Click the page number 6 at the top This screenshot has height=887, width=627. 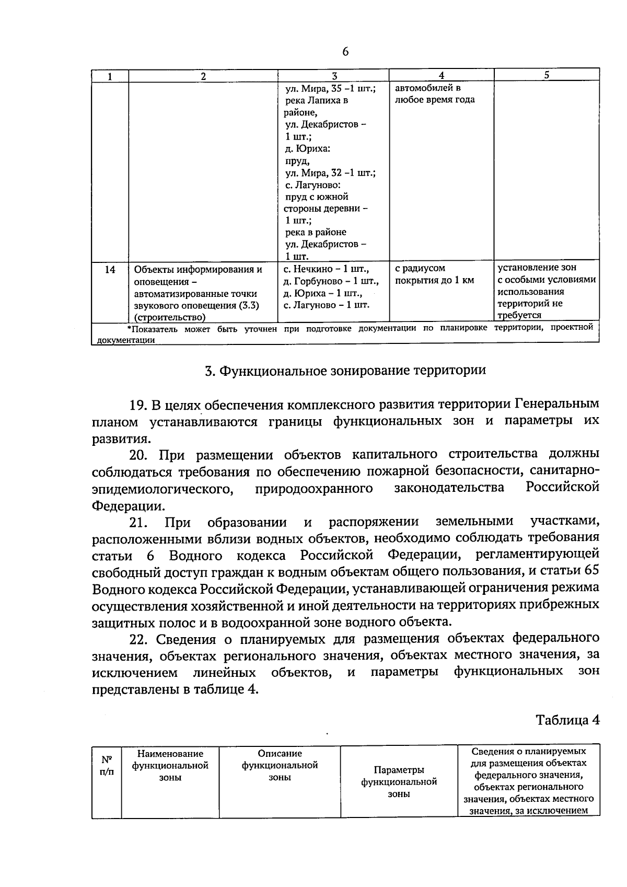click(345, 52)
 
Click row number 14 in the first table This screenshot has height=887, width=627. click(110, 270)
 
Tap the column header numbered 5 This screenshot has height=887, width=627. click(546, 75)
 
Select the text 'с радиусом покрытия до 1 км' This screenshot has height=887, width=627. click(434, 274)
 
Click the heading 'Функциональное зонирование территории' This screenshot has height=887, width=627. click(345, 371)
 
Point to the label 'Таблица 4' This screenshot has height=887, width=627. click(567, 720)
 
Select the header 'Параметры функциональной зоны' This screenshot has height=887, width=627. click(399, 782)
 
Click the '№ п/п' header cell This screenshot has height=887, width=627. click(107, 765)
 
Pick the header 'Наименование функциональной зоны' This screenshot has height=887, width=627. click(170, 765)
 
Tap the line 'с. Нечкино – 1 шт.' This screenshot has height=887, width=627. click(326, 270)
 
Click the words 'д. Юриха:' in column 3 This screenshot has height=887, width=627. click(307, 149)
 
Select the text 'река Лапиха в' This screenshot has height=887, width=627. click(317, 100)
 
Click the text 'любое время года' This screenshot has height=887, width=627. click(435, 100)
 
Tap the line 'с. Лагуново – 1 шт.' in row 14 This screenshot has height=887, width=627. click(327, 305)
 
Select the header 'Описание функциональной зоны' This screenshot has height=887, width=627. click(280, 765)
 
